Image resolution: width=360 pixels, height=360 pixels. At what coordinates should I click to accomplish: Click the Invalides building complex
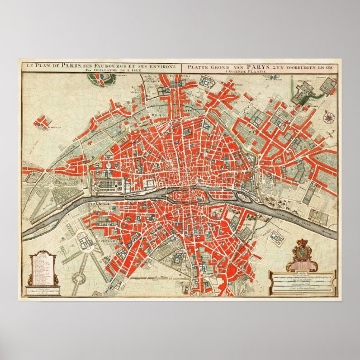pyautogui.click(x=85, y=242)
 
